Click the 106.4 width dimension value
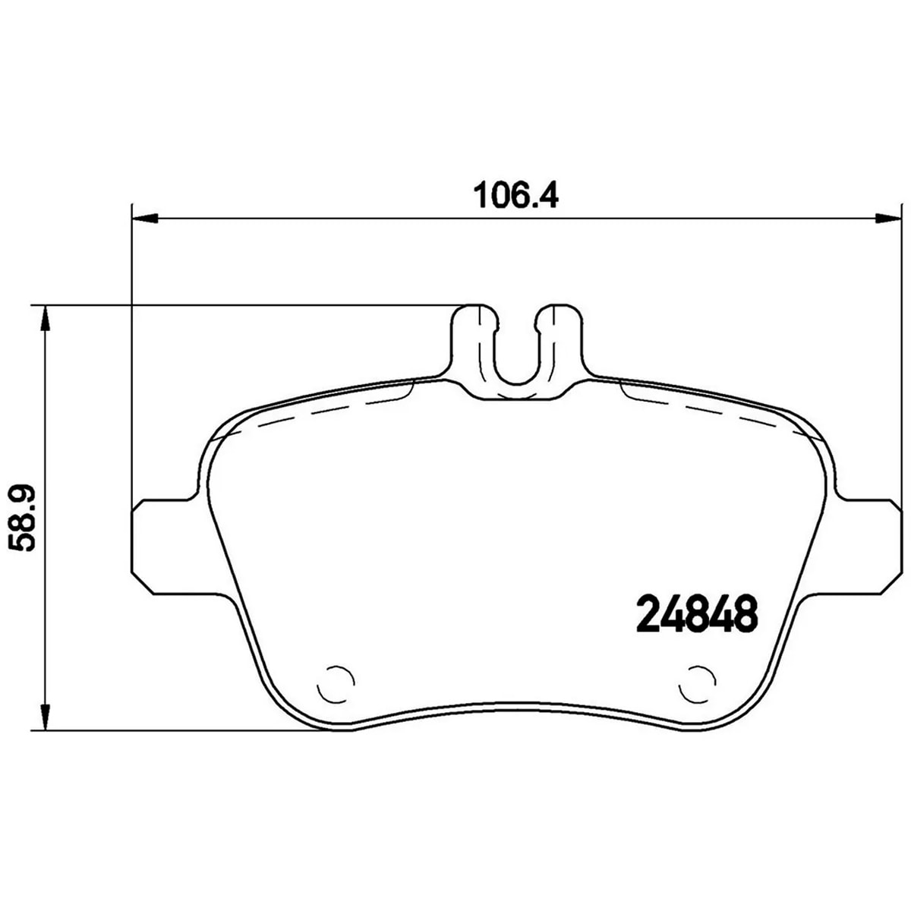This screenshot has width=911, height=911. pyautogui.click(x=515, y=196)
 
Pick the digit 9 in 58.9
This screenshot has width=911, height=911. pyautogui.click(x=24, y=497)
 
